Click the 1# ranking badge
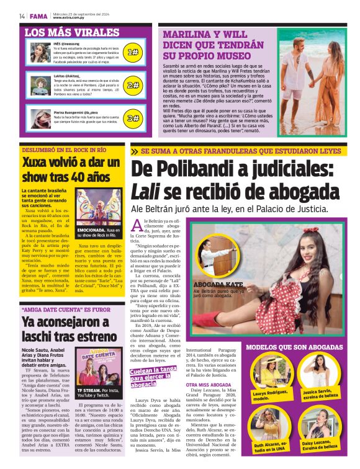132,52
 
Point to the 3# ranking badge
132,118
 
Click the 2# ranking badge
132,85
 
